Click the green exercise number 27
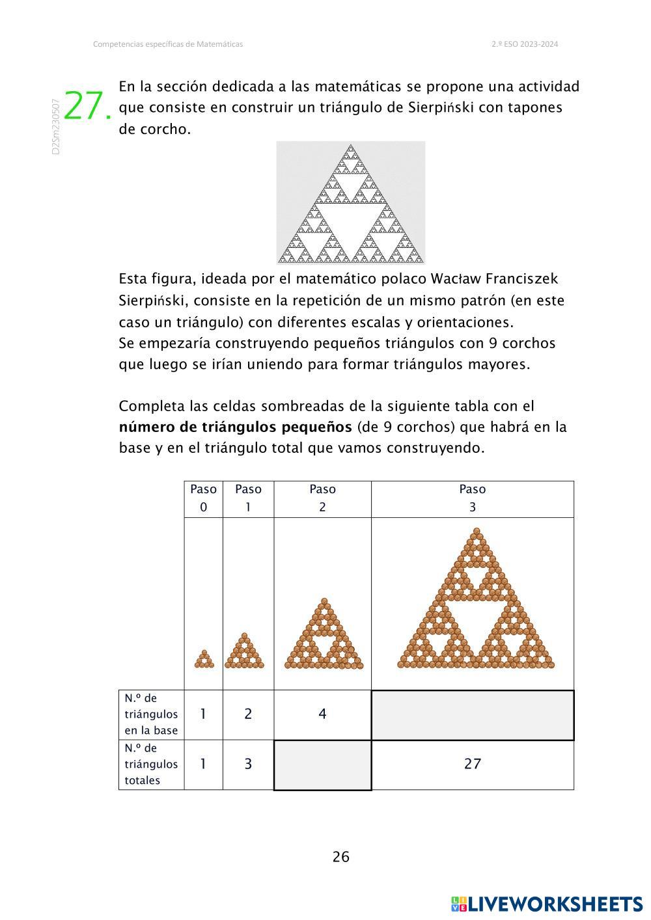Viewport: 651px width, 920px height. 88,106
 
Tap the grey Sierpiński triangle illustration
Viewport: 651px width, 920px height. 350,202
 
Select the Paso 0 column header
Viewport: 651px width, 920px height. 203,498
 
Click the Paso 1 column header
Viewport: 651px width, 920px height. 248,498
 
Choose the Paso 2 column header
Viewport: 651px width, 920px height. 322,498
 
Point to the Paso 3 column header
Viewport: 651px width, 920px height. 472,498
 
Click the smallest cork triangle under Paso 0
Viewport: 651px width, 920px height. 204,660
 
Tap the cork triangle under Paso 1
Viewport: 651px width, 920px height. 245,652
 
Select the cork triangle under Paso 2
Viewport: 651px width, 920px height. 324,636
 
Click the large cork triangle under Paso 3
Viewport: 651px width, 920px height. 475,602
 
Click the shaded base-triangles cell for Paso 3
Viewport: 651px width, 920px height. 472,715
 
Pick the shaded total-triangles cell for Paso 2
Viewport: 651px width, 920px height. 322,764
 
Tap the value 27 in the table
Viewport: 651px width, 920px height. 472,764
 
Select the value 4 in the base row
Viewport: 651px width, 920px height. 322,714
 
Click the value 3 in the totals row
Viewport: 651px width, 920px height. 248,764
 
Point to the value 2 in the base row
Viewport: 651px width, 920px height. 248,714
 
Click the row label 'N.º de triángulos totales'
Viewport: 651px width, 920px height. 151,764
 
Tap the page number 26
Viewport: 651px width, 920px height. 341,857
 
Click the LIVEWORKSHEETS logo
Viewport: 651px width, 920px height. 546,904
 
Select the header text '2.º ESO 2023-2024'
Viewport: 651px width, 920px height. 525,44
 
